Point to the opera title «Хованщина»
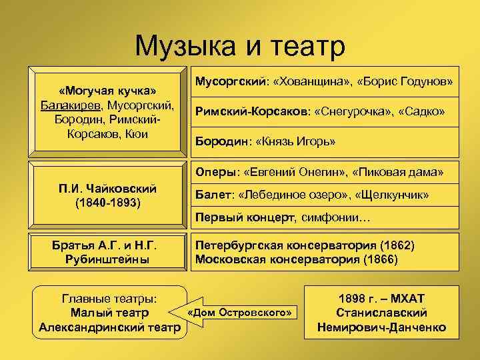[x=311, y=81]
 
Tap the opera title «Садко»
[x=421, y=111]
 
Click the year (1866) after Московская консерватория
[x=381, y=259]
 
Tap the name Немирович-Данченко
[x=383, y=327]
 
